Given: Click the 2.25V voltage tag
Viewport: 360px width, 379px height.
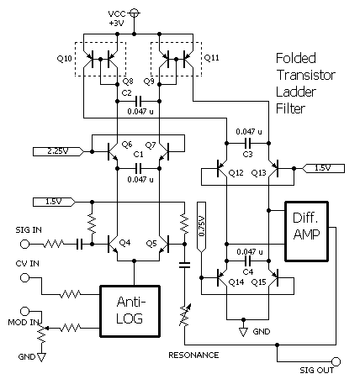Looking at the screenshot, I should (x=56, y=151).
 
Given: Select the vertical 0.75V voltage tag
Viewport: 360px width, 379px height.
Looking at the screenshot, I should (x=201, y=226).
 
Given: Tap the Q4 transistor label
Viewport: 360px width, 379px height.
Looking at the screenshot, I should (x=125, y=243).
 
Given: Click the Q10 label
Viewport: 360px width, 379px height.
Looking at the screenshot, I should (x=65, y=59).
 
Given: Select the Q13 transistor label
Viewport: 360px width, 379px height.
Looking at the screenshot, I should (x=258, y=171).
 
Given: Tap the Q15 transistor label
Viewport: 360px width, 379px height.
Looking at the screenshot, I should (x=258, y=281).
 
